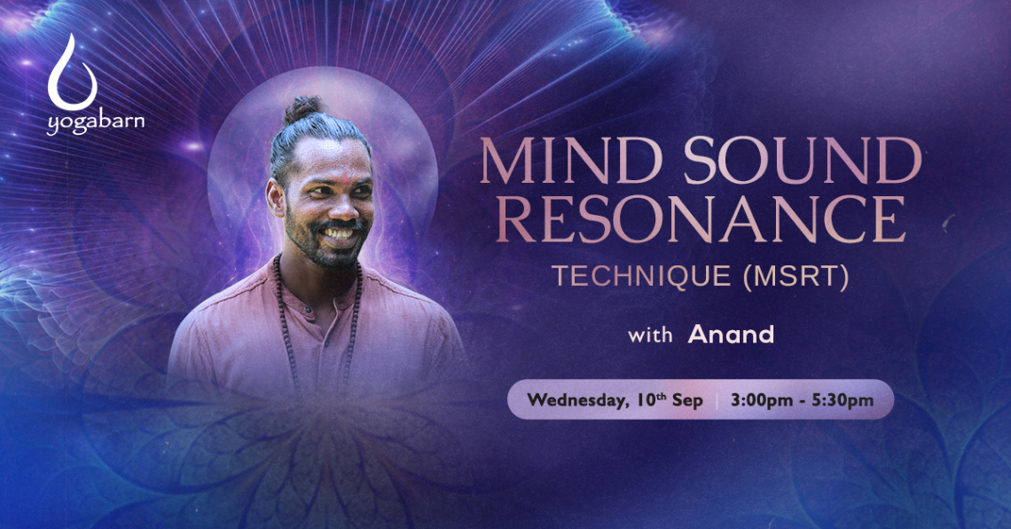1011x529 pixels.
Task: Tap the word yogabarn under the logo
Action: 96,122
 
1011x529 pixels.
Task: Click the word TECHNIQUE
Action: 641,276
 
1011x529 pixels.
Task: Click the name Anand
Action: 731,334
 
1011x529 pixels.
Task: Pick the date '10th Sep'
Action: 670,400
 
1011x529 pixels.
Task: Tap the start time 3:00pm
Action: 762,400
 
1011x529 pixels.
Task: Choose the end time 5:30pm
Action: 842,400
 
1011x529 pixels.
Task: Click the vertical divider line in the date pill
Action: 717,400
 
